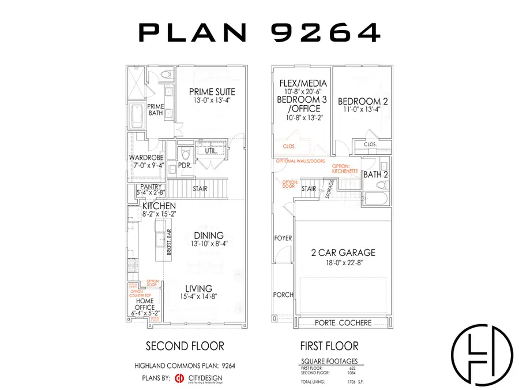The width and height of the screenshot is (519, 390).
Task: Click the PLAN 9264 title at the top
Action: (259, 32)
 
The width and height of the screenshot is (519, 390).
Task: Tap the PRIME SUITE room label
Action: (213, 92)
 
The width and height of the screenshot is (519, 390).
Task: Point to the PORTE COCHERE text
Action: (343, 322)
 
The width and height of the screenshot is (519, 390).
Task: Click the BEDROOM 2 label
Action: (363, 101)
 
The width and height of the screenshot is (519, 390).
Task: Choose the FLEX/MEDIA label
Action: (303, 83)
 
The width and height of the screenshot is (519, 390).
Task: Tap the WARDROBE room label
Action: (146, 157)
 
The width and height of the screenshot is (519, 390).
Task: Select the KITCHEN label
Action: (159, 206)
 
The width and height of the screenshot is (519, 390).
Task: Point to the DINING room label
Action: (208, 235)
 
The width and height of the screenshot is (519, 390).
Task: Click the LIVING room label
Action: (198, 288)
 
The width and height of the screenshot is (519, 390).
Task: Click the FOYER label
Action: (283, 238)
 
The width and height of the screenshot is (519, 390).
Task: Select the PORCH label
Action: (283, 295)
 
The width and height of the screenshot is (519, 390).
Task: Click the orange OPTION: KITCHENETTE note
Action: (346, 169)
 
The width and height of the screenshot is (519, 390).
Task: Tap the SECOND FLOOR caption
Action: (185, 346)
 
